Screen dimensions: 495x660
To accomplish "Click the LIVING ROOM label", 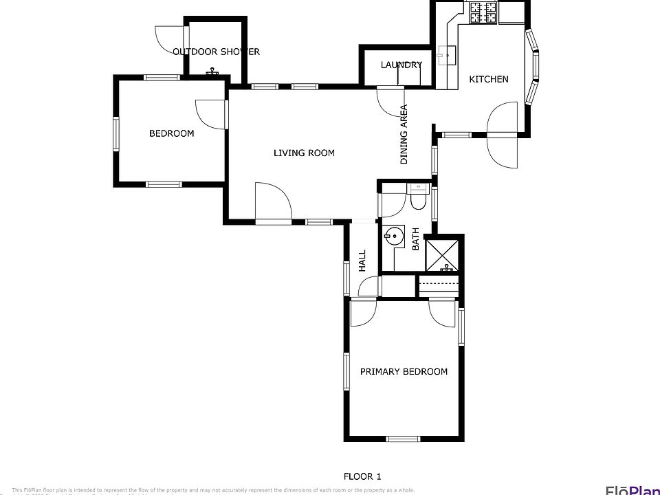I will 304,153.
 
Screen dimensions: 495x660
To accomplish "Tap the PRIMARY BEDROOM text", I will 404,372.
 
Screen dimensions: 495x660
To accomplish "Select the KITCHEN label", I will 489,79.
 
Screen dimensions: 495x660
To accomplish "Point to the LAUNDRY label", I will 401,65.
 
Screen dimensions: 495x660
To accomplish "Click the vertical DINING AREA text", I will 404,134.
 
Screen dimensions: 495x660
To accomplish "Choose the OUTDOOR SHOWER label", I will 216,52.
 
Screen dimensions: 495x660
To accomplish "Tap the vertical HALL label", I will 362,260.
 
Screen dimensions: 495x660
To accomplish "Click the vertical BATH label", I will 415,240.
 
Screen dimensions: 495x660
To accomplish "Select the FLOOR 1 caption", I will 362,476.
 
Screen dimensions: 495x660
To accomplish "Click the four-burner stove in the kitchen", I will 483,12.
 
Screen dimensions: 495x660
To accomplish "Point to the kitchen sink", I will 447,54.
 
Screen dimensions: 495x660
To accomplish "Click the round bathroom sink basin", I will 393,236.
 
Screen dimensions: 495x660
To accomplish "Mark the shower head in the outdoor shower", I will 212,71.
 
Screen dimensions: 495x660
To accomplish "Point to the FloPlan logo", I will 631,489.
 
